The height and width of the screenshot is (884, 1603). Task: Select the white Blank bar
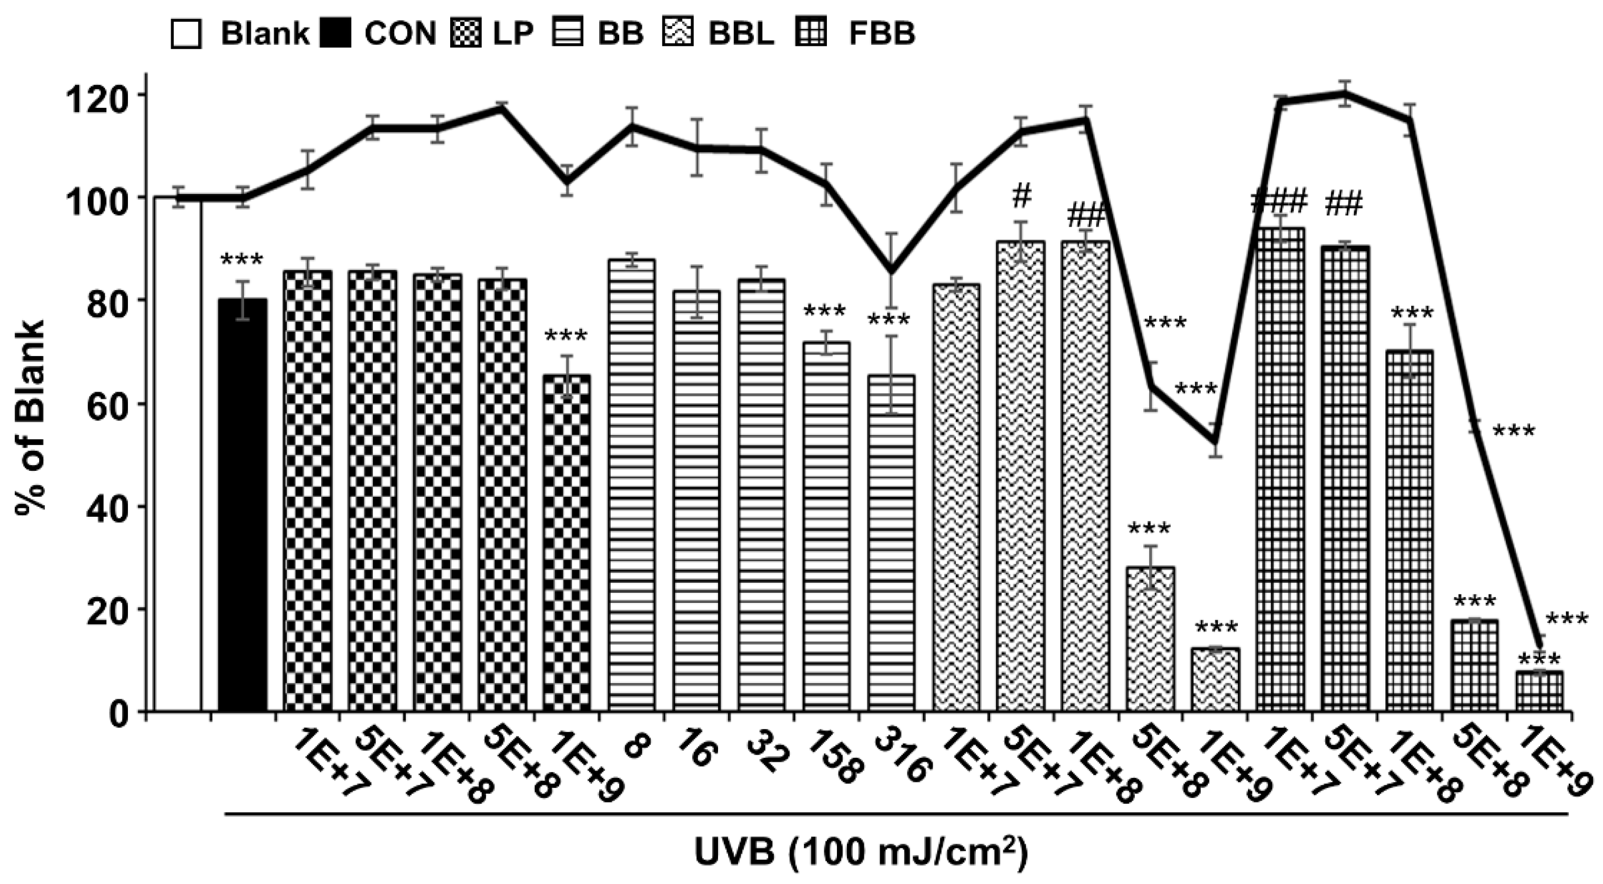(x=178, y=454)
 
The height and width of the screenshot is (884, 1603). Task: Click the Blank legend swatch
(x=185, y=34)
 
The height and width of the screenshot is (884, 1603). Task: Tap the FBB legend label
(x=882, y=34)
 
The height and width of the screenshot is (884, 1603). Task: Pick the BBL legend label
(x=741, y=34)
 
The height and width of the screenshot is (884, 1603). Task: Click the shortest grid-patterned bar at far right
(x=1539, y=691)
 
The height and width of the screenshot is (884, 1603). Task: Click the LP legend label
(x=513, y=34)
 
